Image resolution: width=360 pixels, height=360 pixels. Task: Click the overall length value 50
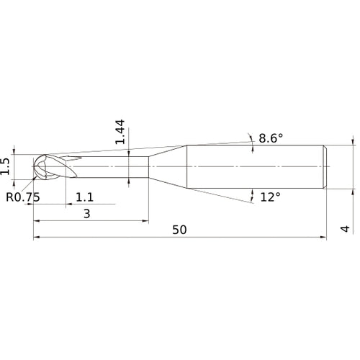pyautogui.click(x=180, y=230)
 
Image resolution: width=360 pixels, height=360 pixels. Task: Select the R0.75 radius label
pyautogui.click(x=22, y=197)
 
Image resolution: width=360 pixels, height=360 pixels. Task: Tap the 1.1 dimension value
pyautogui.click(x=84, y=197)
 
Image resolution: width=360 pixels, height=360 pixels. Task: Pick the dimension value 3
pyautogui.click(x=86, y=214)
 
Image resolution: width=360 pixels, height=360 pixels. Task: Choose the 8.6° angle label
pyautogui.click(x=271, y=137)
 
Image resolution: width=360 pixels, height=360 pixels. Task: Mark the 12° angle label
pyautogui.click(x=270, y=197)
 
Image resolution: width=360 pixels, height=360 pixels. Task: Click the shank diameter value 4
pyautogui.click(x=345, y=229)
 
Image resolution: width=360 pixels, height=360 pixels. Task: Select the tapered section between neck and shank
pyautogui.click(x=167, y=167)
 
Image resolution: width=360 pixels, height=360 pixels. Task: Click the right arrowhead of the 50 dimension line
pyautogui.click(x=326, y=237)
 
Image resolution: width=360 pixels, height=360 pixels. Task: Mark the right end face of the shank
pyautogui.click(x=330, y=167)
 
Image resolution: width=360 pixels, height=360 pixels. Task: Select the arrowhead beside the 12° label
pyautogui.click(x=253, y=193)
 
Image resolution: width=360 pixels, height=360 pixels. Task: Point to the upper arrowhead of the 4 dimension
pyautogui.click(x=353, y=142)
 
